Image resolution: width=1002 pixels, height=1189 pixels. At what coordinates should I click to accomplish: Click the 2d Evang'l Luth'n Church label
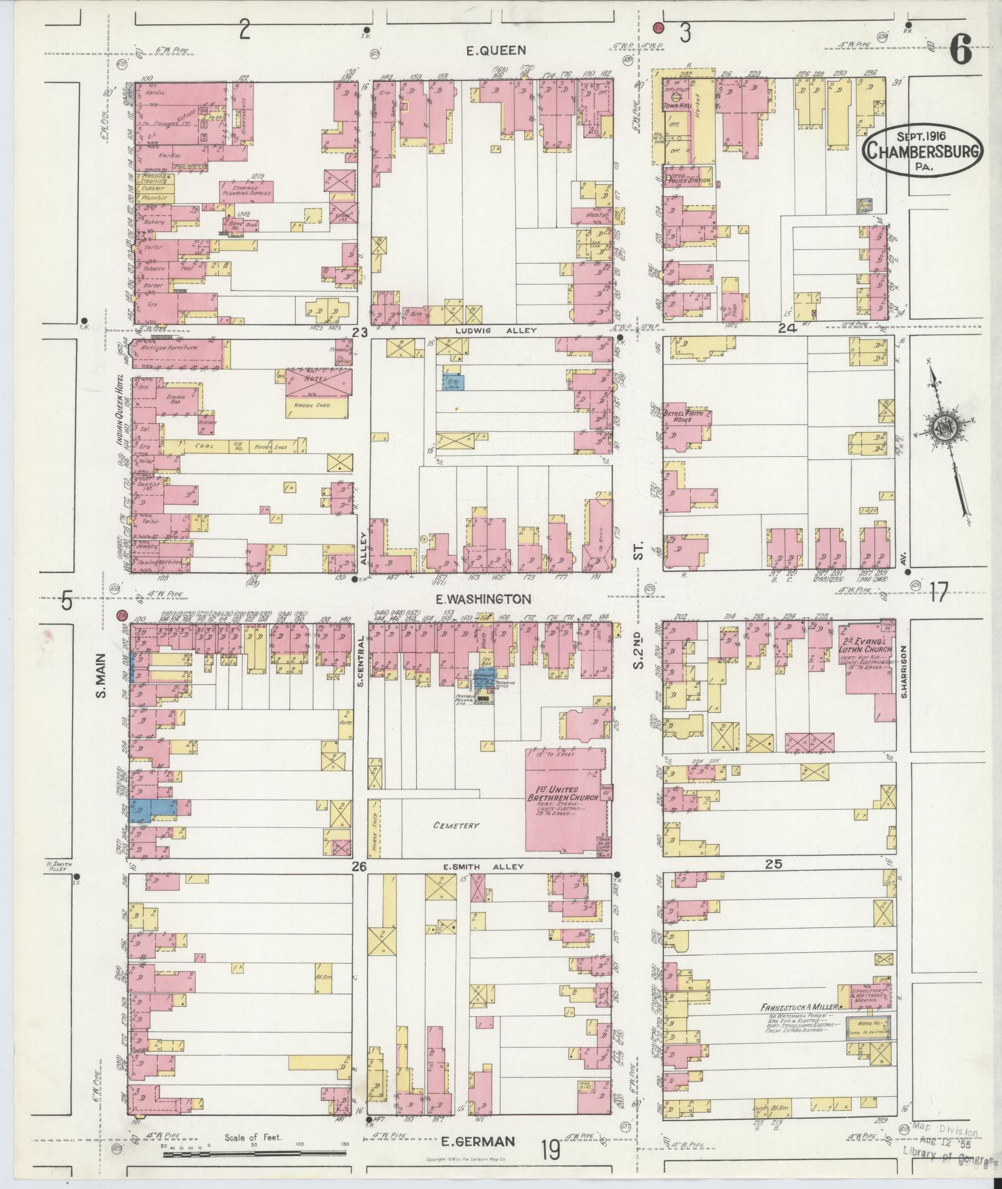click(867, 645)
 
